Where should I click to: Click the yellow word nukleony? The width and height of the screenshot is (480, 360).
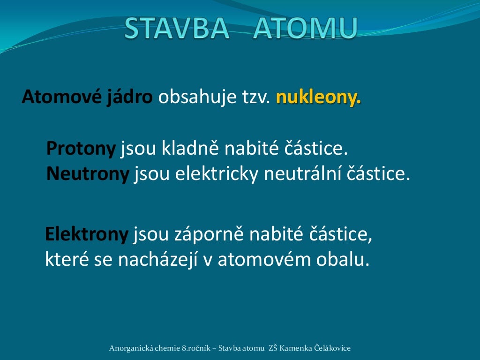pos(319,97)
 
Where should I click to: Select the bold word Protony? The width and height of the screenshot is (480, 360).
pos(81,149)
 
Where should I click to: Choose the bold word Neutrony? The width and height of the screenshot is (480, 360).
pos(88,174)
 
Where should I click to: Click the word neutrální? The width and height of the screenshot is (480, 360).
pos(302,174)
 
